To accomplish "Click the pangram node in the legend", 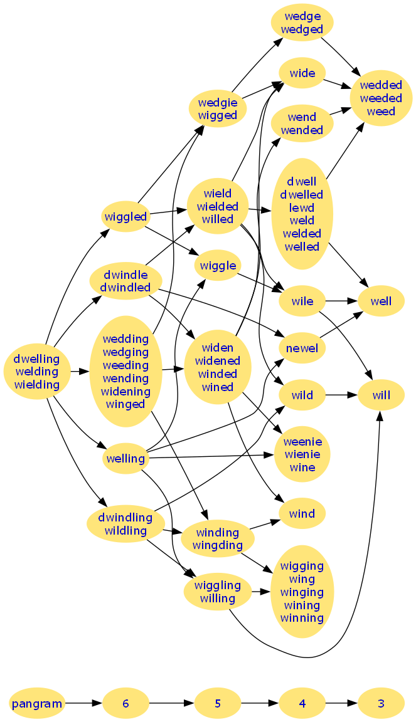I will coord(37,703).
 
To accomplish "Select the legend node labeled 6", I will coord(125,703).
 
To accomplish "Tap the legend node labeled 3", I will coord(381,703).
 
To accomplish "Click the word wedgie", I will coord(218,102).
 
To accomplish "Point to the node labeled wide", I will coord(302,73).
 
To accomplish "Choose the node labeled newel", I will coord(302,348).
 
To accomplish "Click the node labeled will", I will coord(381,395).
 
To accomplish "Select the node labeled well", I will coord(381,301).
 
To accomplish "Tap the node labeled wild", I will coord(302,395).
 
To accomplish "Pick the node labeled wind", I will coord(302,514).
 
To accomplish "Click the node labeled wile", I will coord(302,301).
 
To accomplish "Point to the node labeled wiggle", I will coord(218,266).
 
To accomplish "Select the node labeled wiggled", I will coord(125,217).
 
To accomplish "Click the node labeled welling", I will coord(125,458).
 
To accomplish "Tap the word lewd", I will coord(302,207).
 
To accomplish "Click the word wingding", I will coord(218,545).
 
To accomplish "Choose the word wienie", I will coord(302,454).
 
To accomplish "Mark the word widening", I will coord(125,392).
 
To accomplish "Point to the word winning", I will coord(302,619).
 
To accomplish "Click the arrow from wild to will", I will coord(342,395).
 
